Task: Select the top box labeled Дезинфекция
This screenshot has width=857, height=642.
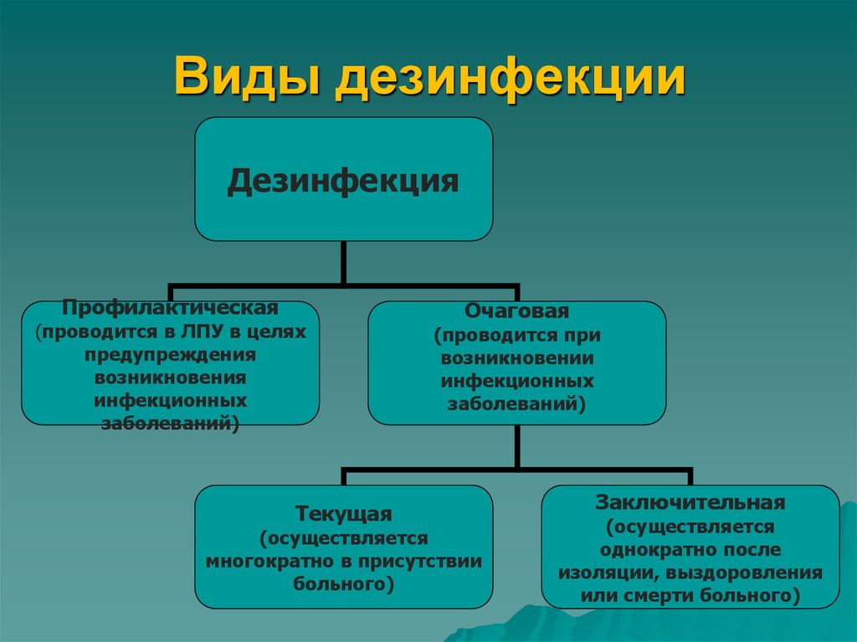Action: [x=343, y=179]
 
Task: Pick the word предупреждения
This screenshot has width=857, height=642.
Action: [x=170, y=355]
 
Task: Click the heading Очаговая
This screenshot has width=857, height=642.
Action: [x=516, y=312]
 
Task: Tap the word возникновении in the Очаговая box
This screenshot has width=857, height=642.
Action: [x=517, y=358]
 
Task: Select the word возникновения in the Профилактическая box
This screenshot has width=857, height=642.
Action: [x=170, y=378]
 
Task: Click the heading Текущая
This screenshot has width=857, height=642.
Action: [x=343, y=512]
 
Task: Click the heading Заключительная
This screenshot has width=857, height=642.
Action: [x=690, y=503]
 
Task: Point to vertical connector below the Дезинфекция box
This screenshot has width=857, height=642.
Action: [x=343, y=261]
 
